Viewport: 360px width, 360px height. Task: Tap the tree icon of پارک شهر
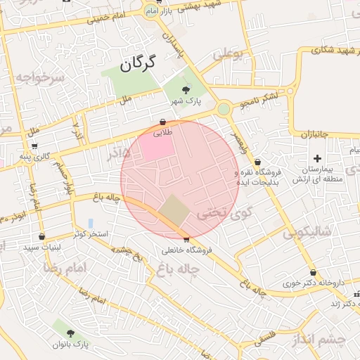coord(186,89)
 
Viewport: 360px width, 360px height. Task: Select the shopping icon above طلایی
coord(163,121)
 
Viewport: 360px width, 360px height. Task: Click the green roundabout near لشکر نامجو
coord(224,108)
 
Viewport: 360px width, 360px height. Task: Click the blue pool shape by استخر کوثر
coord(91,224)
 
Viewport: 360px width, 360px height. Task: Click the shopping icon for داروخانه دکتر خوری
coord(313,273)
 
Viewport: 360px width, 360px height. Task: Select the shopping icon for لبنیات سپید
coord(42,237)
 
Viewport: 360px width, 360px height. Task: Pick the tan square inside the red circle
coord(173,209)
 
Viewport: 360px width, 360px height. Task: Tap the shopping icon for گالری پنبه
coord(35,147)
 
